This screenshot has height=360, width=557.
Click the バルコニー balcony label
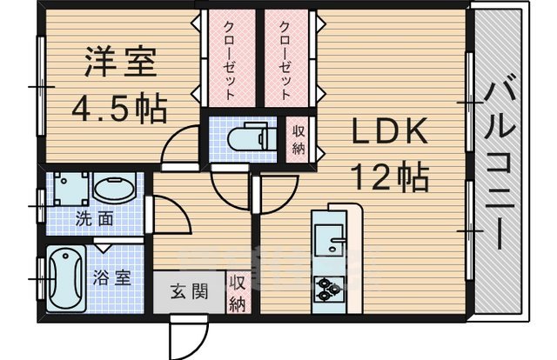[499, 165]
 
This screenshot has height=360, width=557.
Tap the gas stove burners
[330, 288]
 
